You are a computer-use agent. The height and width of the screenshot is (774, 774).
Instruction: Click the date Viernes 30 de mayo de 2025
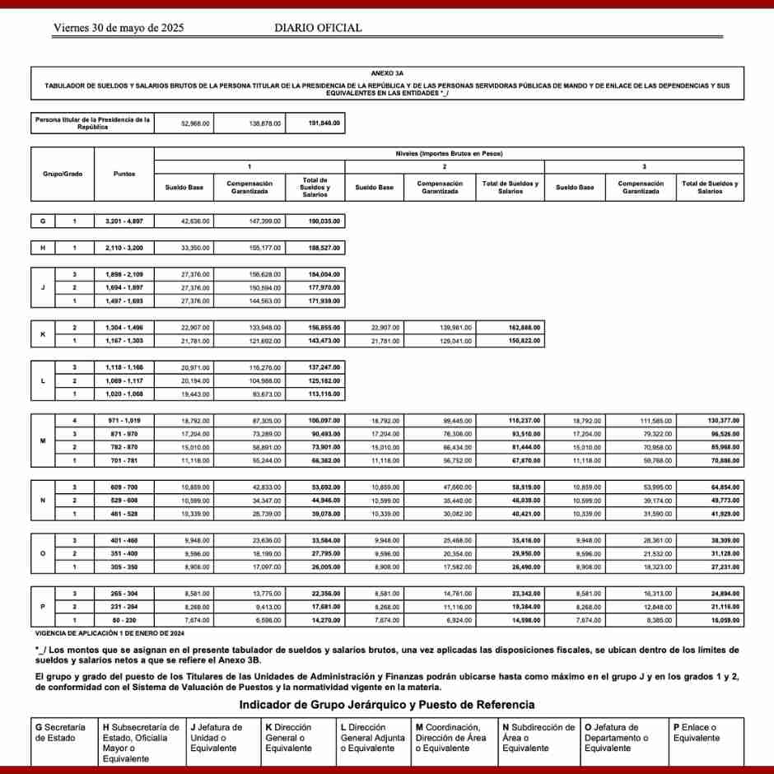tap(119, 28)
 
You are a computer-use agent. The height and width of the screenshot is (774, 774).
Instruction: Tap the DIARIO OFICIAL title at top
tap(318, 28)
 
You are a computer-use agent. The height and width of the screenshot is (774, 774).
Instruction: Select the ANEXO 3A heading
tap(387, 73)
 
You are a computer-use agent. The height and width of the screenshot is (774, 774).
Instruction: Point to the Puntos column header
tap(125, 174)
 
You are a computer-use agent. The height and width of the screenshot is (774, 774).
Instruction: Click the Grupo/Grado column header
tap(63, 174)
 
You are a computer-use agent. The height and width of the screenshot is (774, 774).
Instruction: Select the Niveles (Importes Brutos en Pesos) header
tap(450, 153)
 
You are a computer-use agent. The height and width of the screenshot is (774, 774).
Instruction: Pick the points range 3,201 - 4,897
tap(125, 221)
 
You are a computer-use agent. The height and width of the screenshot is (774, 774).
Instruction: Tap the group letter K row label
tap(43, 334)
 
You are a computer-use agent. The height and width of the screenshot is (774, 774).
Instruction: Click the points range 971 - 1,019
tap(125, 421)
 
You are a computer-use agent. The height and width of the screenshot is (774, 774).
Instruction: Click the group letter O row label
tap(43, 554)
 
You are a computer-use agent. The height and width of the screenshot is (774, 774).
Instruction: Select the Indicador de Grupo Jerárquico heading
tap(386, 705)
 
